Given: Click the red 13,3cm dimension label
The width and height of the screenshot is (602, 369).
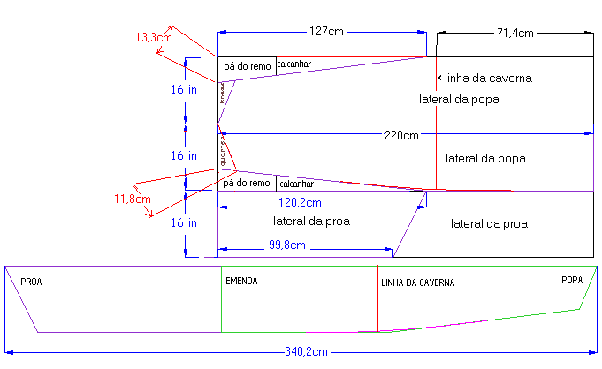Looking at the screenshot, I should pyautogui.click(x=152, y=38).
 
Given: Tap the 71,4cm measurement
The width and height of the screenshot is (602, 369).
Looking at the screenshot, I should pyautogui.click(x=514, y=33).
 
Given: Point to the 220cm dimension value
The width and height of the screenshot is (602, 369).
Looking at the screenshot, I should pyautogui.click(x=401, y=135).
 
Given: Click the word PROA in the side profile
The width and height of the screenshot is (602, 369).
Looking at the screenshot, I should pyautogui.click(x=31, y=282).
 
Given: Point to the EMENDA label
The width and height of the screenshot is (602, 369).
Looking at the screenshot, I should pyautogui.click(x=241, y=282).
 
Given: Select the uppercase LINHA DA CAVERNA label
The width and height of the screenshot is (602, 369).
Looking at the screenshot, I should pyautogui.click(x=417, y=282).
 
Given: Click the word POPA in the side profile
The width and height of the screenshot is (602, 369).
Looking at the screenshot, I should pyautogui.click(x=572, y=281).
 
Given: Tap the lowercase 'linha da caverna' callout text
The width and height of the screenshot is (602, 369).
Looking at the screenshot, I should pyautogui.click(x=488, y=79).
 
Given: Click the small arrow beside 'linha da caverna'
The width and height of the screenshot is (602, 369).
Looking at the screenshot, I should pyautogui.click(x=437, y=78).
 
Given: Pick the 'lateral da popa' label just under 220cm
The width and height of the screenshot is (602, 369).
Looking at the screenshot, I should pyautogui.click(x=486, y=159).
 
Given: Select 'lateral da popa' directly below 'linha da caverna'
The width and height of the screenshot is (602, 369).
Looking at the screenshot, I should pyautogui.click(x=460, y=100).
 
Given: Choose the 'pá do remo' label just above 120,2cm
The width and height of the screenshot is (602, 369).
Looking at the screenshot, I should pyautogui.click(x=246, y=184).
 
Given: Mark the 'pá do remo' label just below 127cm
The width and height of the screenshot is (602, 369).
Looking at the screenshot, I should pyautogui.click(x=247, y=66).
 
